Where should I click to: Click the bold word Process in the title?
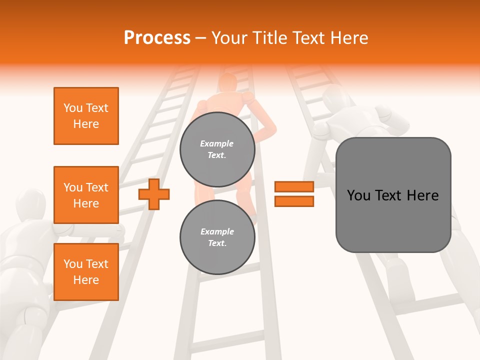coord(157,38)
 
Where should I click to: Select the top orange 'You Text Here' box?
coord(86,116)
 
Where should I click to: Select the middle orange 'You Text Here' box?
coord(86,195)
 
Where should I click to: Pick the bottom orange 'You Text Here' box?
coord(86,272)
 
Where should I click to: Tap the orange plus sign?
coord(154,194)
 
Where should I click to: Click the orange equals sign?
coord(294,194)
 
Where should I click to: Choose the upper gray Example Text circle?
coord(217,149)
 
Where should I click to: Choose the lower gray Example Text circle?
coord(217,237)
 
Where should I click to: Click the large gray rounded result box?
coord(393,195)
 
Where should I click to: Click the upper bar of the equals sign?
coord(294,187)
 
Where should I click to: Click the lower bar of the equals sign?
coord(294,201)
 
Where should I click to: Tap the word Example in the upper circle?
coord(217,143)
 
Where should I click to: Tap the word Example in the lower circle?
coord(217,231)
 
